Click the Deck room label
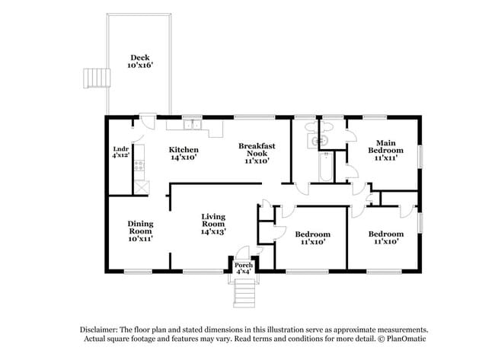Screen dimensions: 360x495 140,57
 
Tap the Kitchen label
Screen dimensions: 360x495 184,149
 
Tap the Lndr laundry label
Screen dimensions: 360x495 120,149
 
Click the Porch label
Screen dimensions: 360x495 244,265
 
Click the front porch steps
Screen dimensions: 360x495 244,291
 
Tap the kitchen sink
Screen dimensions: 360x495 193,125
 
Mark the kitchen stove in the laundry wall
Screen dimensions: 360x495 140,183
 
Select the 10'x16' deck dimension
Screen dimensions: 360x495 140,66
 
